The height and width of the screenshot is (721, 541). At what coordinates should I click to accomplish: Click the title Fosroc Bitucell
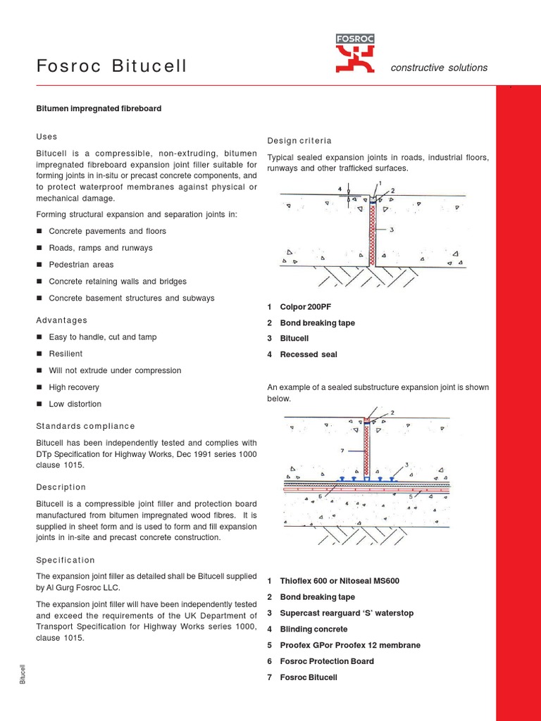click(x=112, y=67)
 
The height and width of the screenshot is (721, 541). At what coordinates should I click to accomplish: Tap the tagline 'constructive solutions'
click(x=439, y=68)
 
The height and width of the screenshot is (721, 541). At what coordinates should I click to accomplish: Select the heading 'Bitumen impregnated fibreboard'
click(x=99, y=108)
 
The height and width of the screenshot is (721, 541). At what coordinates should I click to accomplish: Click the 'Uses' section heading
click(x=46, y=137)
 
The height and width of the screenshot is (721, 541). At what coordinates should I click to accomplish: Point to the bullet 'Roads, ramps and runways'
click(x=100, y=248)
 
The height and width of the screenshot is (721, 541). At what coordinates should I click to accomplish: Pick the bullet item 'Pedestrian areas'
click(x=81, y=265)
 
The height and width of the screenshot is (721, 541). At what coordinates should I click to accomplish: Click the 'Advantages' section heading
click(x=62, y=320)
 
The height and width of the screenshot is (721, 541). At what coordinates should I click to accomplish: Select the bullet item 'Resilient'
click(x=66, y=353)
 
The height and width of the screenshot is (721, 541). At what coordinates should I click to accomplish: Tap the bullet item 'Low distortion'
click(x=75, y=404)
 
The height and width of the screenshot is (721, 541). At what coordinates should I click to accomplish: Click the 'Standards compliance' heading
click(x=85, y=426)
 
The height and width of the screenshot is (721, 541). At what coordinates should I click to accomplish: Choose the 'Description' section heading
click(x=61, y=487)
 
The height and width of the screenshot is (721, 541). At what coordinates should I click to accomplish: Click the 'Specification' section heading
click(x=65, y=560)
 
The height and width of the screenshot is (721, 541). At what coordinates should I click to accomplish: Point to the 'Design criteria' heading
click(x=299, y=141)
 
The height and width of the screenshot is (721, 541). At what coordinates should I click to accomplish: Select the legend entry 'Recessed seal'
click(x=309, y=355)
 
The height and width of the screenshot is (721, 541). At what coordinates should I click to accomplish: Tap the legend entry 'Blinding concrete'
click(x=313, y=629)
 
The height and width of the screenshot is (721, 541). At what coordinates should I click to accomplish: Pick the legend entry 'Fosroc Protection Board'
click(x=327, y=661)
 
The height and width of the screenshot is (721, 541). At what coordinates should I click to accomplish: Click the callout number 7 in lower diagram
click(x=342, y=450)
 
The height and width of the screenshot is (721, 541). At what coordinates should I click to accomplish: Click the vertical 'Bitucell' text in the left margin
click(x=23, y=674)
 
